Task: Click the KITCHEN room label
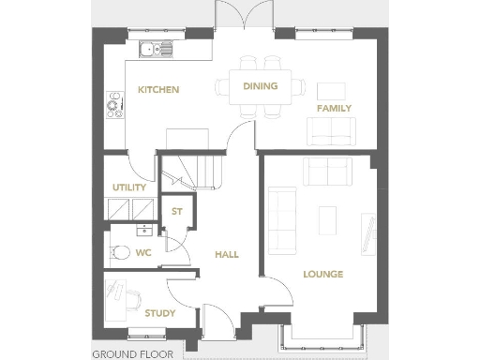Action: pyautogui.click(x=158, y=90)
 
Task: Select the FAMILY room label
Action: pyautogui.click(x=334, y=109)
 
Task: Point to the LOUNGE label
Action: pyautogui.click(x=322, y=274)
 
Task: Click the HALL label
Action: pyautogui.click(x=227, y=254)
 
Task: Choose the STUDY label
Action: pyautogui.click(x=159, y=314)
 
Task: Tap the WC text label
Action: pyautogui.click(x=142, y=252)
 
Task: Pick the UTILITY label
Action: pyautogui.click(x=129, y=187)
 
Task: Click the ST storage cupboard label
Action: pyautogui.click(x=175, y=211)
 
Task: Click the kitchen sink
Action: pyautogui.click(x=150, y=51)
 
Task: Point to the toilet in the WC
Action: pyautogui.click(x=117, y=251)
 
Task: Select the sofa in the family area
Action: pyautogui.click(x=331, y=139)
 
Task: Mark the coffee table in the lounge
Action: pyautogui.click(x=327, y=219)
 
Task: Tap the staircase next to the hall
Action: pyautogui.click(x=199, y=173)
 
